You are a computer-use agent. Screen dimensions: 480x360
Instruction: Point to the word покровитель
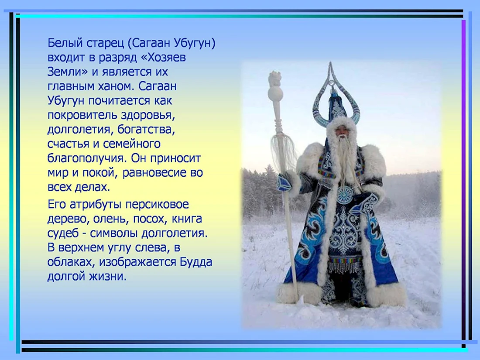(82, 115)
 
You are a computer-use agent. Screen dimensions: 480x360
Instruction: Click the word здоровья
(148, 116)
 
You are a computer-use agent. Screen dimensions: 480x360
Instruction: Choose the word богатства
(146, 129)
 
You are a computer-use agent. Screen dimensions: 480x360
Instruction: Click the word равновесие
(154, 173)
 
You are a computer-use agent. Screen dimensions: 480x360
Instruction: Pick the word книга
(187, 219)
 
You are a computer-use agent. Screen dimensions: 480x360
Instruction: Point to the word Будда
(195, 262)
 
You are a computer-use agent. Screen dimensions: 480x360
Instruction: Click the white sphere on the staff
(274, 94)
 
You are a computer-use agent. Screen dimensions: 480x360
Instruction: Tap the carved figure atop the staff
(274, 79)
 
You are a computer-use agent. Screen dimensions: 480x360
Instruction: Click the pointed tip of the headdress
(330, 63)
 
